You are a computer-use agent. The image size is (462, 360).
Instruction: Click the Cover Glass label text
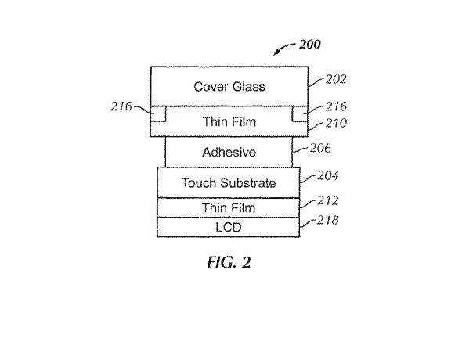pos(229,87)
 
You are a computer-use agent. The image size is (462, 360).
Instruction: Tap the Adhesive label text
pos(229,152)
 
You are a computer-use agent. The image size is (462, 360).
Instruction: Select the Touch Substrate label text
pos(229,183)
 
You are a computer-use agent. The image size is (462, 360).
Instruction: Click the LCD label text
pos(229,227)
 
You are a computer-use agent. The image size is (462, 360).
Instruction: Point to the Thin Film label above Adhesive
pos(229,121)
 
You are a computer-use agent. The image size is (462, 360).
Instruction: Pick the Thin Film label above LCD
pos(229,208)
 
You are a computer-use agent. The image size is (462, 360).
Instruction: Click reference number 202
pos(336,79)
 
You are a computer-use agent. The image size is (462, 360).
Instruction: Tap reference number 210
pos(336,123)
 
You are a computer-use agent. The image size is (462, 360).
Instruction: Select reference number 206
pos(320,148)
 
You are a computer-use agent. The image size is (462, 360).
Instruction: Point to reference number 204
pos(327,176)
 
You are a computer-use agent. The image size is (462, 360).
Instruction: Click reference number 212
pos(327,201)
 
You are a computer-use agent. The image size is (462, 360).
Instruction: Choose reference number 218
pos(327,220)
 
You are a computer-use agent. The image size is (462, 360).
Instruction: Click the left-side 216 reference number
pos(121,106)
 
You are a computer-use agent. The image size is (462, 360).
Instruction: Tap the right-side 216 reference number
pos(336,106)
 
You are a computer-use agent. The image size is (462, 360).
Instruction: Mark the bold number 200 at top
pos(310,45)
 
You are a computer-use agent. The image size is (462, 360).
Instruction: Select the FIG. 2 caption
pos(229,262)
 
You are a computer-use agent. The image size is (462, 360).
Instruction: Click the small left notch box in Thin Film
pos(158,113)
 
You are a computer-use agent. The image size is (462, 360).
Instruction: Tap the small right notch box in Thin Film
pos(300,113)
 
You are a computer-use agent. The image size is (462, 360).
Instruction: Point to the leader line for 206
pos(301,149)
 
